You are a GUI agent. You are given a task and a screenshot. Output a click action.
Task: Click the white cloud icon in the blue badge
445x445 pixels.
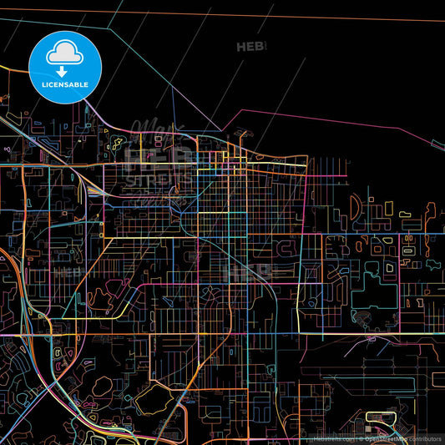coord(64,54)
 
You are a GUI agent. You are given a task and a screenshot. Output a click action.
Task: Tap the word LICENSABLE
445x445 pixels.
coord(64,83)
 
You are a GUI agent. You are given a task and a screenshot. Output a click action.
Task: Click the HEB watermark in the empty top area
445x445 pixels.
coord(250,48)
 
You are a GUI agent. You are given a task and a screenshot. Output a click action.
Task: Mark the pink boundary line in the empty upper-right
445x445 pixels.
coord(334,116)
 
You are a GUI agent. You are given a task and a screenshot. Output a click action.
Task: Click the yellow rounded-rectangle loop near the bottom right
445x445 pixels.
coord(378,416)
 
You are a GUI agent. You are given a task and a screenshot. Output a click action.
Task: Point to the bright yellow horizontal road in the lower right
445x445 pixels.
coord(376,333)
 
